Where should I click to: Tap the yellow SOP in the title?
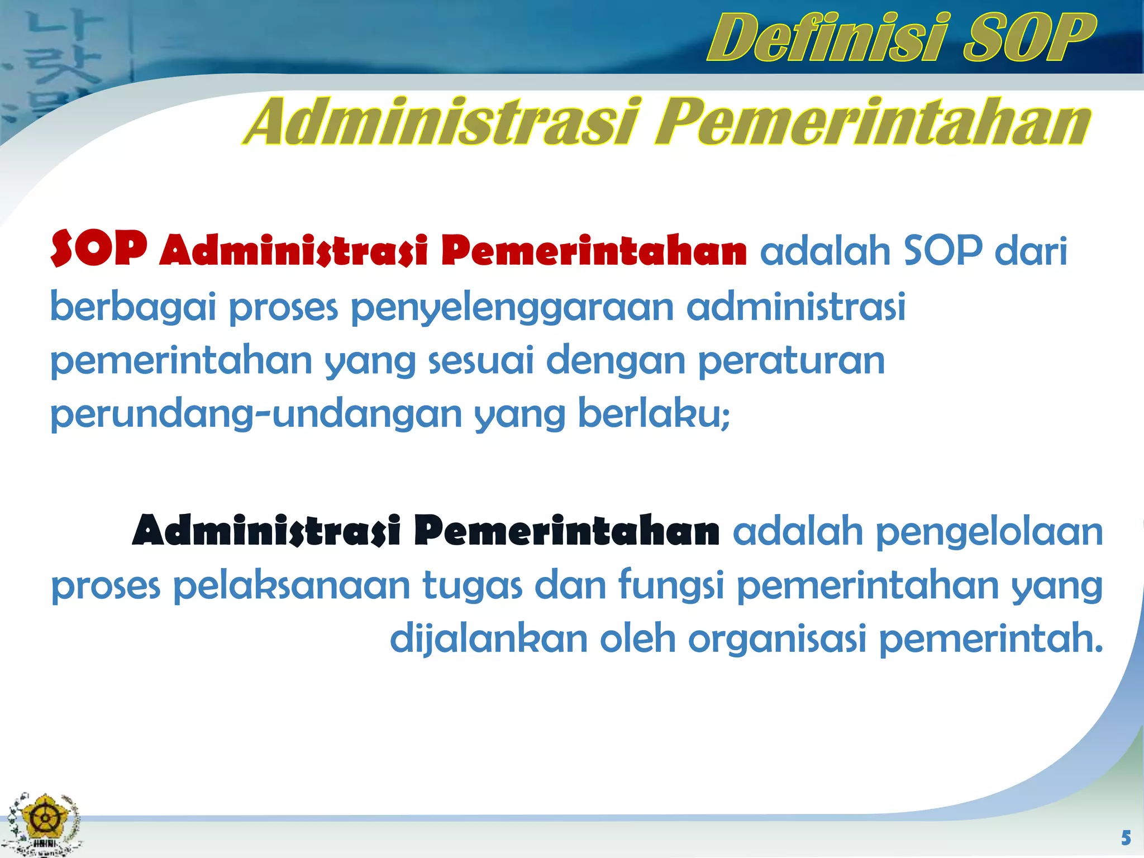1028,38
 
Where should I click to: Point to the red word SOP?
99,249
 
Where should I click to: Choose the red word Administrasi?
294,251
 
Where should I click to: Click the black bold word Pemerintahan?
566,531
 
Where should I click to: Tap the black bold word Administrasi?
266,531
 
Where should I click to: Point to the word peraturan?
792,361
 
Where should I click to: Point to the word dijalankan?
489,640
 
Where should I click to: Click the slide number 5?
1126,838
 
